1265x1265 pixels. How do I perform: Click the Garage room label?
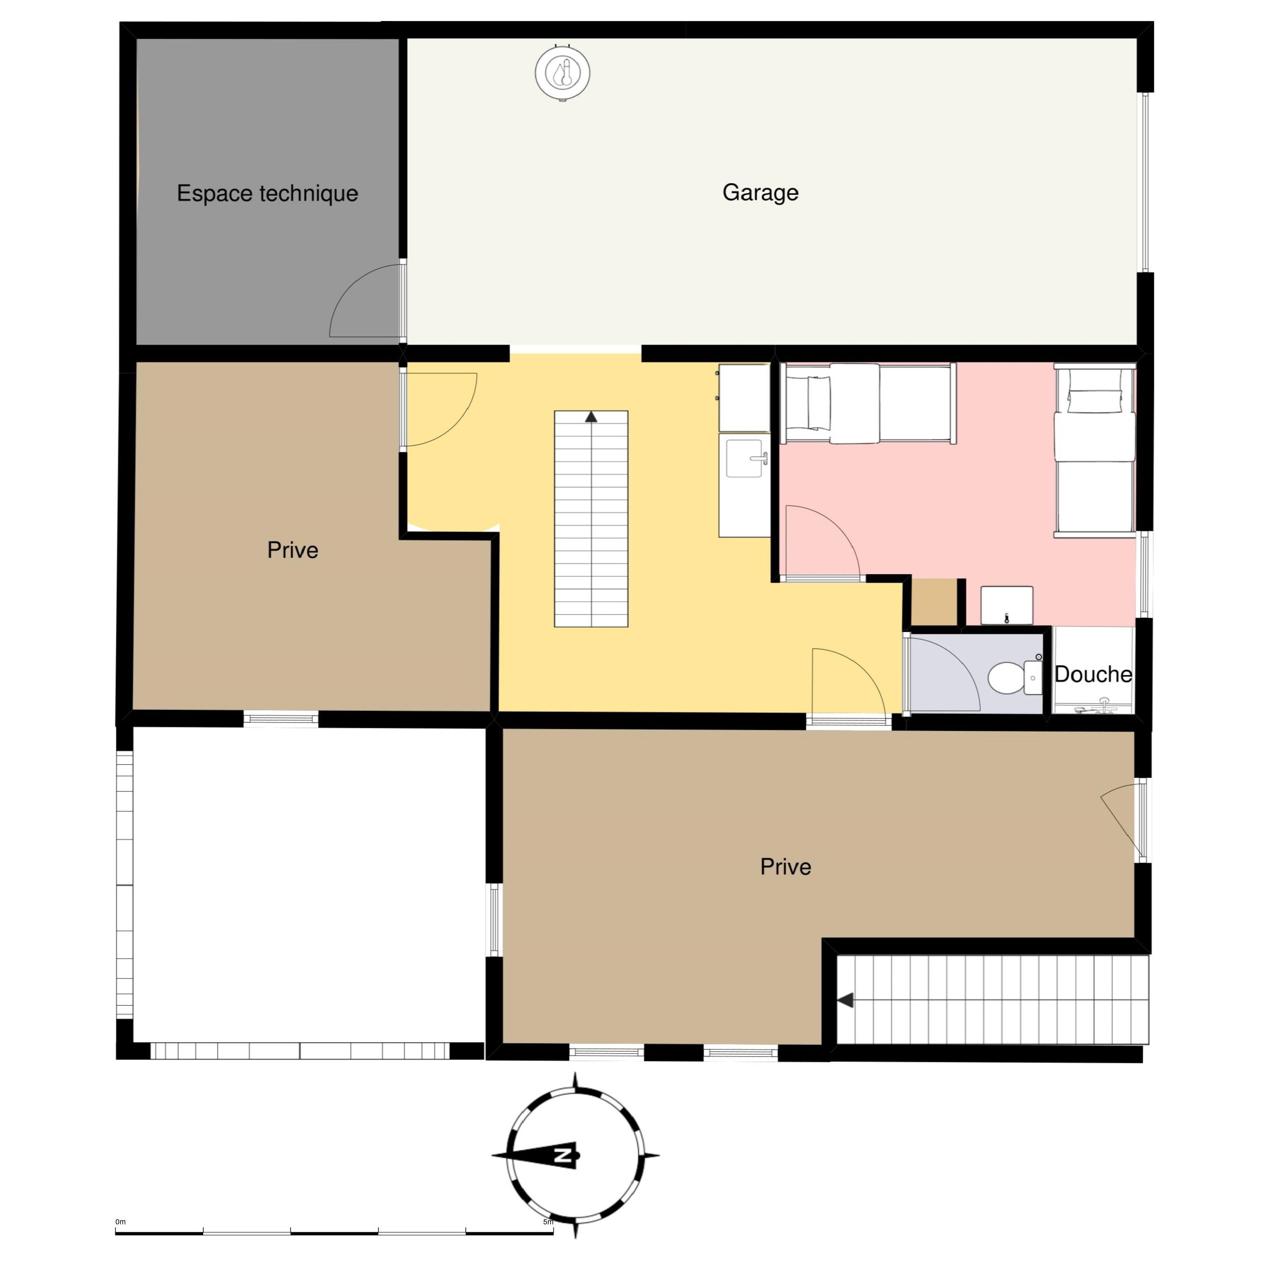tap(760, 192)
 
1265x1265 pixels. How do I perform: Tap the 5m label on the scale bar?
tap(548, 1222)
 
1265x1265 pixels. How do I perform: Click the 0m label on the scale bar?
tap(121, 1222)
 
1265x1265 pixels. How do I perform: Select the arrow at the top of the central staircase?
tap(591, 416)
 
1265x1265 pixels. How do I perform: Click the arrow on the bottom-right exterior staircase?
tap(846, 1000)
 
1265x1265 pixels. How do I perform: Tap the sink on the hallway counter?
tap(746, 458)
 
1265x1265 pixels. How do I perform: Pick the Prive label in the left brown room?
tap(293, 550)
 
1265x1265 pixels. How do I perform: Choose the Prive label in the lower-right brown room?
tap(786, 867)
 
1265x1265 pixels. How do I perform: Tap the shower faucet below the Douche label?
tap(1105, 706)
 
